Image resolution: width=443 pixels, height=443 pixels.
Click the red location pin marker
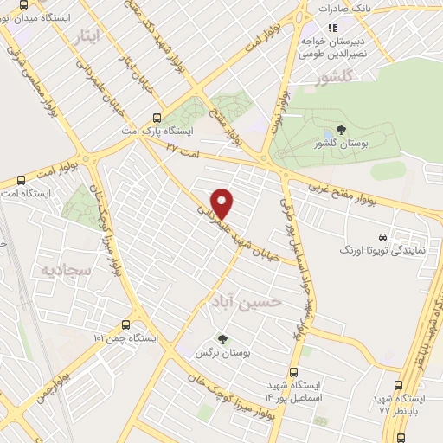tap(223, 203)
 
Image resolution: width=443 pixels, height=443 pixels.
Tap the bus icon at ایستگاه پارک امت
tap(156, 119)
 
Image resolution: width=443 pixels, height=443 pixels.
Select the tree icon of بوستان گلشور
tap(342, 131)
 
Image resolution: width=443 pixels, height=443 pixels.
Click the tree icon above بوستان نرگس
tap(223, 339)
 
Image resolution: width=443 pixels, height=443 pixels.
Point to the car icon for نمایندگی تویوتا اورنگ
tap(382, 236)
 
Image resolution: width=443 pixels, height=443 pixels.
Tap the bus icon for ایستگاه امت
tap(21, 181)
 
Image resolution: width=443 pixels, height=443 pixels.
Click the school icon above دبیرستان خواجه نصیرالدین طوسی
tap(331, 27)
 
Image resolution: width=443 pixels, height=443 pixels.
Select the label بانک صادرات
tap(350, 8)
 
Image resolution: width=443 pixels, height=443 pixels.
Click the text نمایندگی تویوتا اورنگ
tap(382, 251)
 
